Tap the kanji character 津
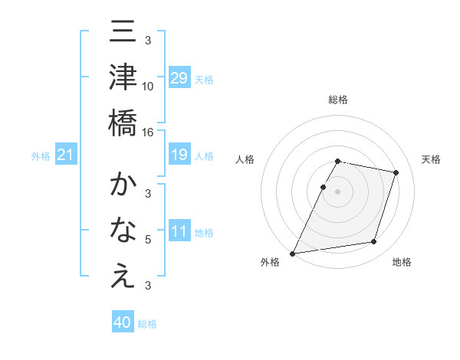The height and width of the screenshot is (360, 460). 123,77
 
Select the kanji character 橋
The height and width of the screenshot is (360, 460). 123,122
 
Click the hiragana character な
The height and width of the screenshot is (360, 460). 123,230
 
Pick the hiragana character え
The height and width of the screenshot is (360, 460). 123,276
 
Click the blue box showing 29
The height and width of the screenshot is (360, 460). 179,77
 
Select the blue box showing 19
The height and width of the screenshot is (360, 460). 179,155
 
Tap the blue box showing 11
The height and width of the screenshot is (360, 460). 179,232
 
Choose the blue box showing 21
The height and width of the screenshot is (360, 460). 66,155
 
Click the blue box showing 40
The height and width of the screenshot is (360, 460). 123,322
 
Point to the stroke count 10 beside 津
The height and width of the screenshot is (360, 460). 148,86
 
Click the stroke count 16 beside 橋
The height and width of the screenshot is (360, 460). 148,132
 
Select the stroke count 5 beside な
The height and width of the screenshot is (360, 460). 148,240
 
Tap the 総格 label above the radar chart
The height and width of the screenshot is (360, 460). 338,100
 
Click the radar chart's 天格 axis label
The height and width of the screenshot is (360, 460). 432,159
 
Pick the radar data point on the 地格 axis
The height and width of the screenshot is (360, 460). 374,241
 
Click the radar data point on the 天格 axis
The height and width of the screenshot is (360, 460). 396,172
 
